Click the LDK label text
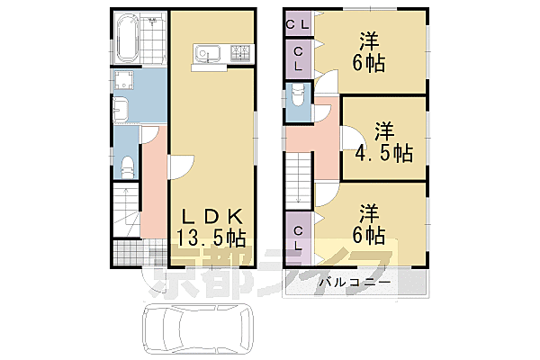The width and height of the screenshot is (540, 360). pos(211,217)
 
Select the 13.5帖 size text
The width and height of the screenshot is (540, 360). pos(211,238)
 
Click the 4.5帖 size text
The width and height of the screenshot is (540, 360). pos(382,152)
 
